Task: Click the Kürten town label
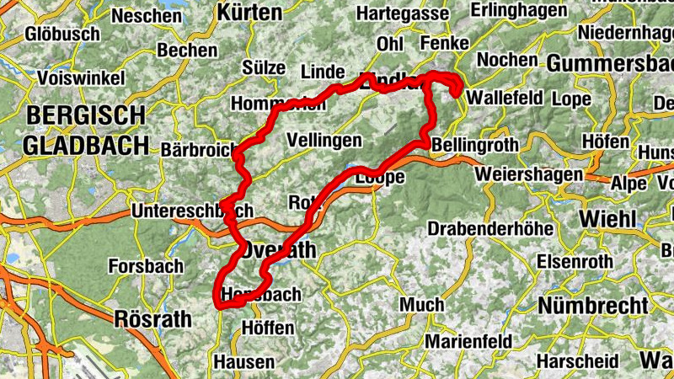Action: pyautogui.click(x=249, y=12)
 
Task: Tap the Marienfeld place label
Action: pyautogui.click(x=468, y=341)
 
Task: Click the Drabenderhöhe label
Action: pyautogui.click(x=490, y=228)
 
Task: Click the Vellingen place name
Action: pyautogui.click(x=324, y=140)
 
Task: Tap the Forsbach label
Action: pyautogui.click(x=146, y=266)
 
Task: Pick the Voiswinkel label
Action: pyautogui.click(x=81, y=77)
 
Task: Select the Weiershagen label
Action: pyautogui.click(x=529, y=173)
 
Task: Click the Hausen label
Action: pyautogui.click(x=244, y=362)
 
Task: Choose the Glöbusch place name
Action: pyautogui.click(x=62, y=35)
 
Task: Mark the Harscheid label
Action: pyautogui.click(x=581, y=361)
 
